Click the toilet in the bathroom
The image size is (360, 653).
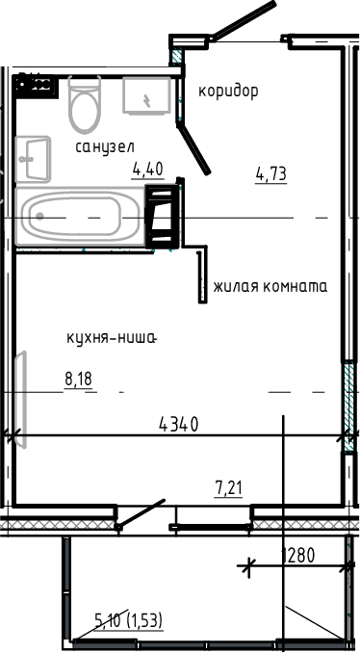[x=85, y=106]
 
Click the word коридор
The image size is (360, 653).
[x=228, y=91]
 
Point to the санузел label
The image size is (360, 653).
[x=104, y=146]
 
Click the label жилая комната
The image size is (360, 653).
[x=270, y=287]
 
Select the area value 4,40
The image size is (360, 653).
[x=147, y=170]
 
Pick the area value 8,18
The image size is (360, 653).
[x=78, y=380]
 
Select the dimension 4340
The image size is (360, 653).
[x=179, y=425]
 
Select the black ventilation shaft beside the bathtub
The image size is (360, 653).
[x=161, y=211]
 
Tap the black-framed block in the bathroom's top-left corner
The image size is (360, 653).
[x=36, y=84]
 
